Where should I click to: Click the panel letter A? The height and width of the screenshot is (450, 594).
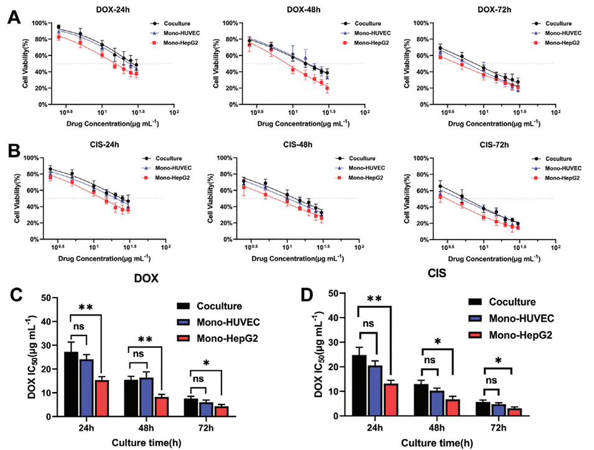click(12, 19)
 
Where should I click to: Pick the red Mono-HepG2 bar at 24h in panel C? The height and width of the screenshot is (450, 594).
click(101, 399)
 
